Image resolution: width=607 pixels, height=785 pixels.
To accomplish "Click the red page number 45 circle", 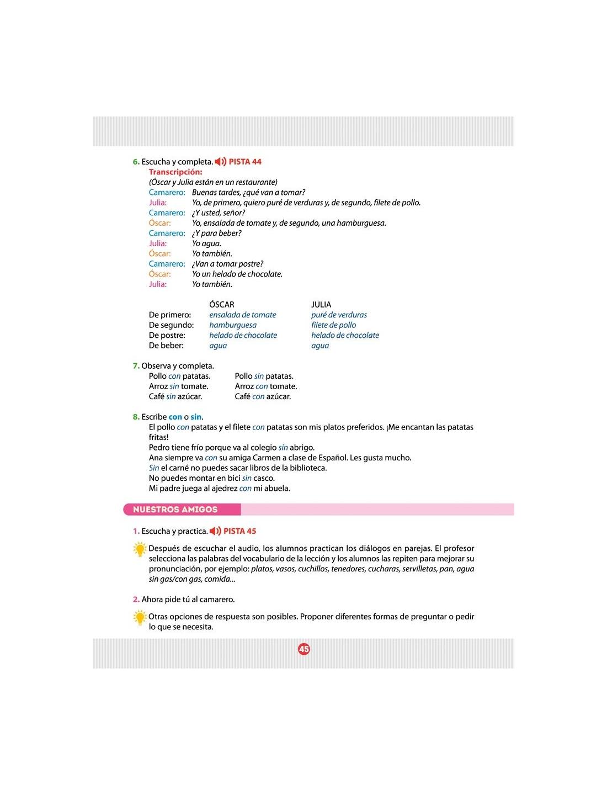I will click(304, 649).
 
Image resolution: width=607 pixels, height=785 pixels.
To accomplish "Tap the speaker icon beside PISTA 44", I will click(220, 162).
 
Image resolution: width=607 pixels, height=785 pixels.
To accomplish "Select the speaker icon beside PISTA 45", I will click(215, 531).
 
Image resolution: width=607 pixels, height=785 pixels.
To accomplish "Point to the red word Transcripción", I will click(175, 172).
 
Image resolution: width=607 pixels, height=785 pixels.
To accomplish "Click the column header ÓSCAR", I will click(222, 305).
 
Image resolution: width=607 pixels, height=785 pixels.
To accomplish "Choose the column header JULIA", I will click(321, 305).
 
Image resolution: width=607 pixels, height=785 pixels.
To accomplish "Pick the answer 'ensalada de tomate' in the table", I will click(243, 315).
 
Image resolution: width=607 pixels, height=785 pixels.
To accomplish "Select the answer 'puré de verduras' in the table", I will click(339, 315).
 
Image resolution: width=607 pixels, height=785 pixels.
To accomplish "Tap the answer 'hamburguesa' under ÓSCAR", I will click(233, 325).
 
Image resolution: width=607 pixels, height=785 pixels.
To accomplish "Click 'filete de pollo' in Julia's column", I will click(333, 325).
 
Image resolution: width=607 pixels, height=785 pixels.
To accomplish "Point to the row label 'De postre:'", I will click(167, 336).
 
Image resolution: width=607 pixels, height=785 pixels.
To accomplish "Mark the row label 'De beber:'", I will click(166, 346).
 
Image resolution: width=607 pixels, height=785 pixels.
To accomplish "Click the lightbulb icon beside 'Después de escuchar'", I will click(140, 550).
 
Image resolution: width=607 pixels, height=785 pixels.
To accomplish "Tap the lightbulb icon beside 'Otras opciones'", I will click(140, 618).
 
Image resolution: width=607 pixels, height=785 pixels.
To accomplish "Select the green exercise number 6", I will click(136, 162).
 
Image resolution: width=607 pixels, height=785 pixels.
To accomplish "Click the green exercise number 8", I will click(136, 417).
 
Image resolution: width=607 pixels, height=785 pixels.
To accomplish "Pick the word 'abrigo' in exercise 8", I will click(301, 448).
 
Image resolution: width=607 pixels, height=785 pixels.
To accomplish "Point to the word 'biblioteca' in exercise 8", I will click(307, 468).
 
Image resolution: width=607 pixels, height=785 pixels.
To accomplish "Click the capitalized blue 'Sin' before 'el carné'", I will click(154, 468).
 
